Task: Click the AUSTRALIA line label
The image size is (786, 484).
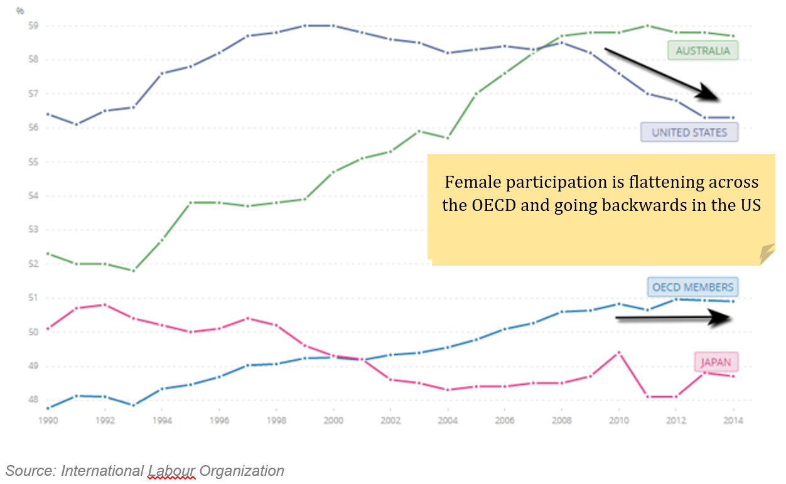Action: pyautogui.click(x=703, y=51)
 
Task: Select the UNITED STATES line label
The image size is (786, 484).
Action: pyautogui.click(x=689, y=132)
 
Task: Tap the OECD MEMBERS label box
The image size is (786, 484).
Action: pyautogui.click(x=692, y=288)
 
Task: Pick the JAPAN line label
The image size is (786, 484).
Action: pyautogui.click(x=716, y=362)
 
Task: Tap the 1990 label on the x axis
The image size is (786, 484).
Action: pyautogui.click(x=48, y=421)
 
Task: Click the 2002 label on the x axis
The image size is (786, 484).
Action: pyautogui.click(x=390, y=421)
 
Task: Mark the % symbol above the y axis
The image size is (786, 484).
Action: pyautogui.click(x=20, y=10)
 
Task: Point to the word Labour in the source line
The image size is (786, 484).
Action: pyautogui.click(x=171, y=471)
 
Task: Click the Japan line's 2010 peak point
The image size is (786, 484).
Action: pyautogui.click(x=618, y=352)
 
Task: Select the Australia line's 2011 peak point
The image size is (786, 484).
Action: pyautogui.click(x=647, y=26)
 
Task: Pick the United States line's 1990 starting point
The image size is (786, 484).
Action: pyautogui.click(x=48, y=114)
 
